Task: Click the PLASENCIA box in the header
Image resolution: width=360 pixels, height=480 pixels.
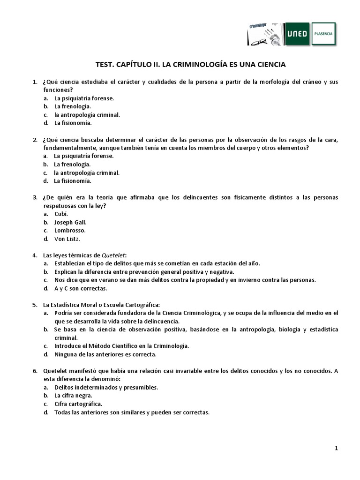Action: [x=324, y=34]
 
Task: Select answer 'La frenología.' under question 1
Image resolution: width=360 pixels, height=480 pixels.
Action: [x=72, y=106]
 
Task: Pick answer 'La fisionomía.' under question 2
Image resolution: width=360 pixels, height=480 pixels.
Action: [x=73, y=180]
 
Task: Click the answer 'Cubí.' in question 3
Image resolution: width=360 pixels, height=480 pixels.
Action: [x=61, y=214]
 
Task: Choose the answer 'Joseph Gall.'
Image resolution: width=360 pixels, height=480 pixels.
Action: [x=70, y=222]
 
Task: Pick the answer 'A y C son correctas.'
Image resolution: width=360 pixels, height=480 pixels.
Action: [x=81, y=288]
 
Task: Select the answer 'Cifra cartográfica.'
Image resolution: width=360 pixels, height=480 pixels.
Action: [x=78, y=404]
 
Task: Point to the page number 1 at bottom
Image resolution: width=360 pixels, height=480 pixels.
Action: [x=336, y=448]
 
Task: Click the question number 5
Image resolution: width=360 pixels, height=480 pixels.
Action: [x=35, y=305]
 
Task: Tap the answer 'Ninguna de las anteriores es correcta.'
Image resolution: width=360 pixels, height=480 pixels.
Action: [x=105, y=354]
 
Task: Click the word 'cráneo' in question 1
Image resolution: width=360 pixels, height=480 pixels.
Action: [x=309, y=82]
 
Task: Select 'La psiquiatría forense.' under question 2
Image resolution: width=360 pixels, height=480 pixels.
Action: [x=84, y=156]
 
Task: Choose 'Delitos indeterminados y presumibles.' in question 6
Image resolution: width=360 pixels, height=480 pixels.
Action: [x=106, y=388]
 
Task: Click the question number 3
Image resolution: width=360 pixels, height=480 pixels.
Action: [x=35, y=197]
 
